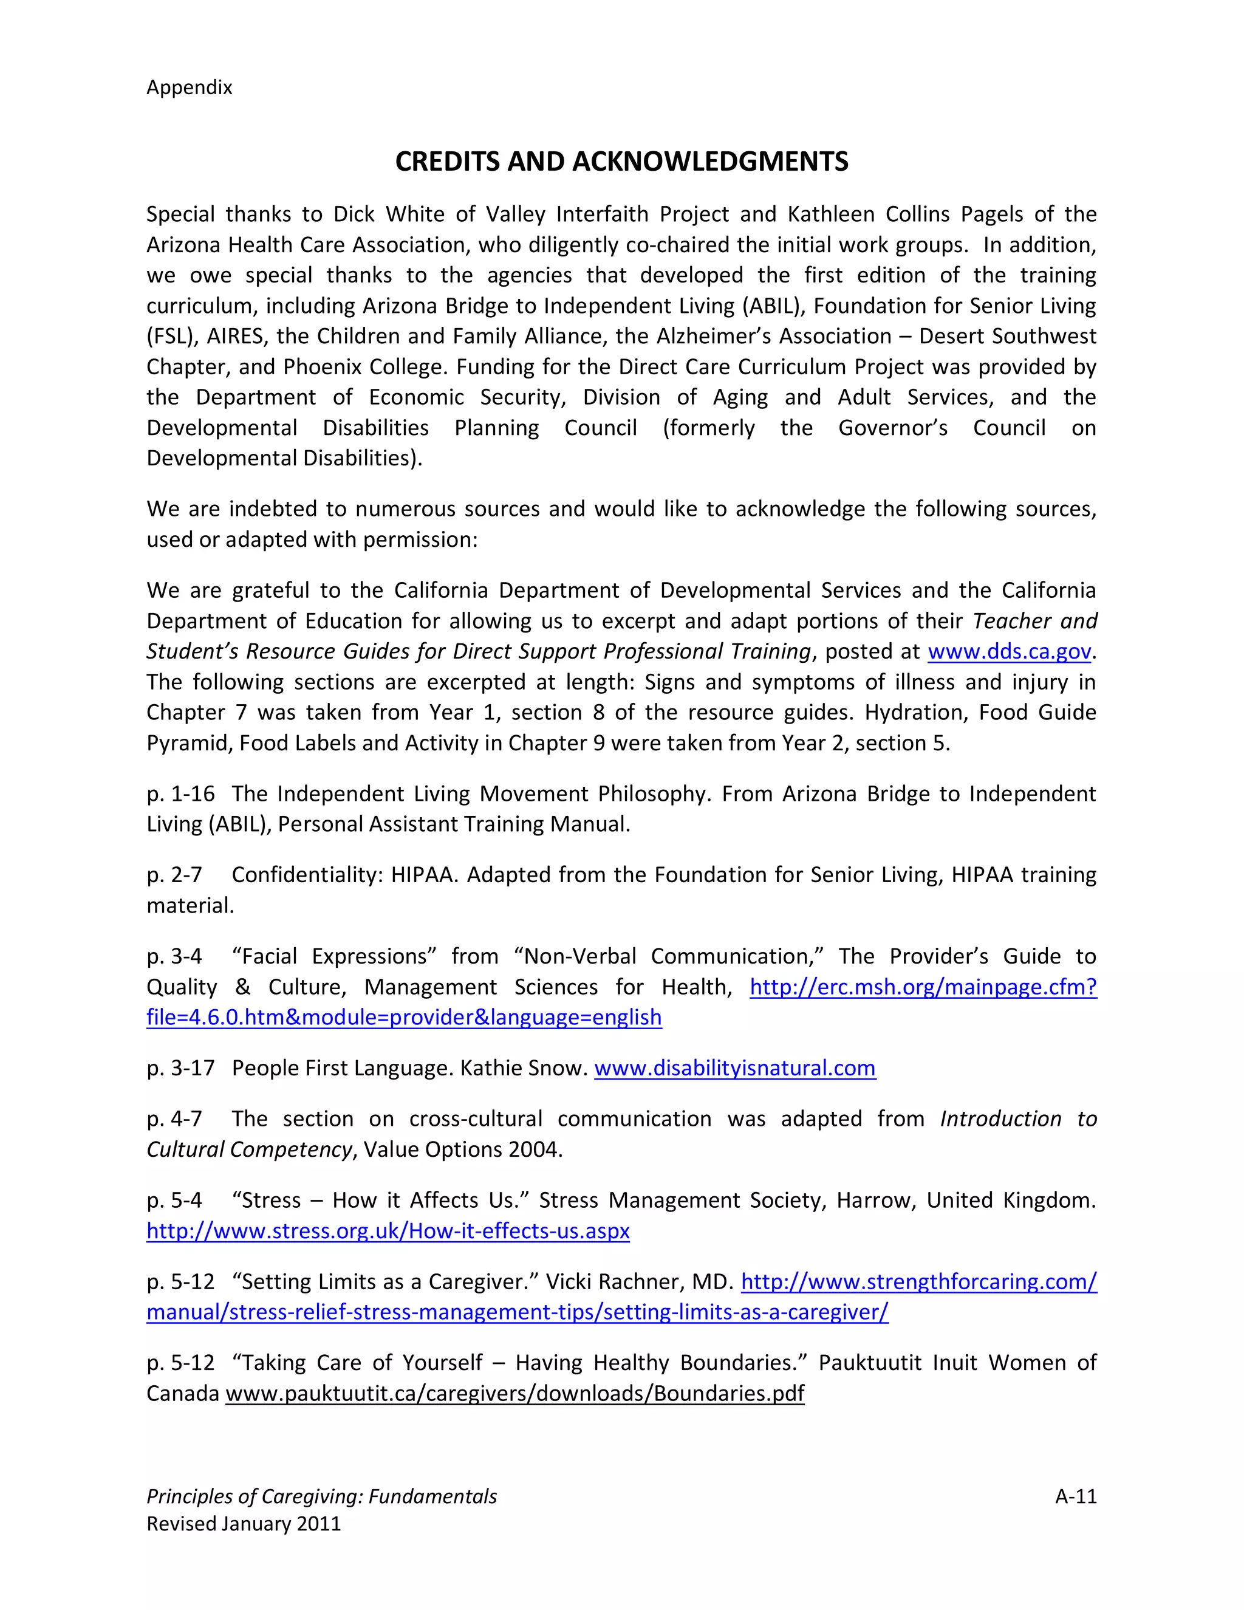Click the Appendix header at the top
190,87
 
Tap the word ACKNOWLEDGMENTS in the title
709,162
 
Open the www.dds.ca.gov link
1009,652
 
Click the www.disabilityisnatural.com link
735,1068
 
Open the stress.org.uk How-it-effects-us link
388,1231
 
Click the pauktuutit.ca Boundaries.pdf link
514,1393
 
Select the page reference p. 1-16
180,794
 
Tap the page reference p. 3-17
180,1068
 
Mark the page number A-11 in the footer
1075,1496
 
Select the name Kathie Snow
523,1068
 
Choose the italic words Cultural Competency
249,1149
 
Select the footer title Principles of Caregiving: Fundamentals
321,1496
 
